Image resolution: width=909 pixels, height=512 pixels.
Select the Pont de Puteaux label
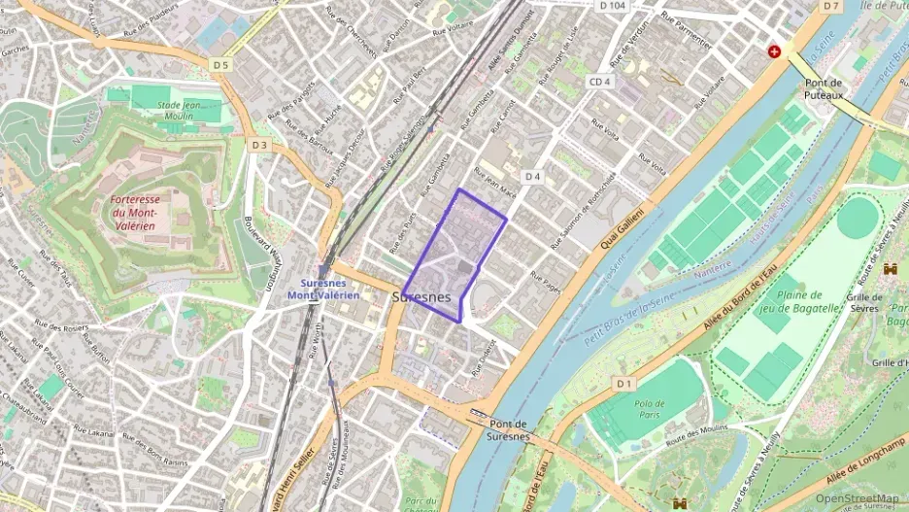[828, 89]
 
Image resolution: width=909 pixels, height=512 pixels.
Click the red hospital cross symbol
[774, 51]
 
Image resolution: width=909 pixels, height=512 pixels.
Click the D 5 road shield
[220, 65]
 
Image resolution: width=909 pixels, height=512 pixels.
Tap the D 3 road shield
[258, 145]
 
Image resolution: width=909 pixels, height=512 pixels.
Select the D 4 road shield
[531, 176]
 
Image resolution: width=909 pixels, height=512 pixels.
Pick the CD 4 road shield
[599, 81]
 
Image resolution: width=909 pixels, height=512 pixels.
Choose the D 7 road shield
[829, 6]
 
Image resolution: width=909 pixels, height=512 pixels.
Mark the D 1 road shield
[623, 384]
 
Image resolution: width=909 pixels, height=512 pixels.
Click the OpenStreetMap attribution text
[857, 497]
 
